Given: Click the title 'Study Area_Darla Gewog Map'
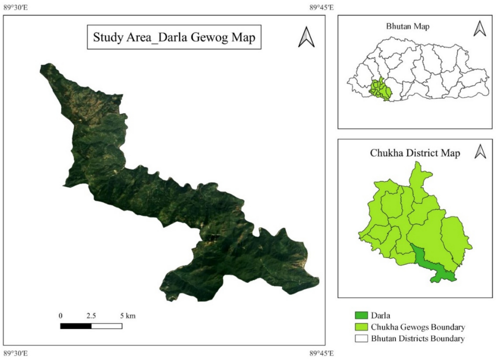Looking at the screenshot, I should tap(174, 38).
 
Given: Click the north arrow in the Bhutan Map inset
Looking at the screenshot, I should tap(479, 29).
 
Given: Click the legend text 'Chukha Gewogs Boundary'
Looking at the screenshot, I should tap(418, 328).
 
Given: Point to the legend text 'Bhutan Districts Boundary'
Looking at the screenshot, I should tap(417, 339).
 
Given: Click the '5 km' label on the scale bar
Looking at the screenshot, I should tap(128, 316).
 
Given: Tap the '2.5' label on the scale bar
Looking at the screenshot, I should tap(91, 316).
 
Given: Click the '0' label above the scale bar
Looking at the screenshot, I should tap(61, 316).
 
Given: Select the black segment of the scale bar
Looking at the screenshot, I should tap(76, 326).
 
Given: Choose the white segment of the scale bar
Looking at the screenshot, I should tap(107, 326).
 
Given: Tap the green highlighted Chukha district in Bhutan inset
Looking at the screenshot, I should tap(380, 89).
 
